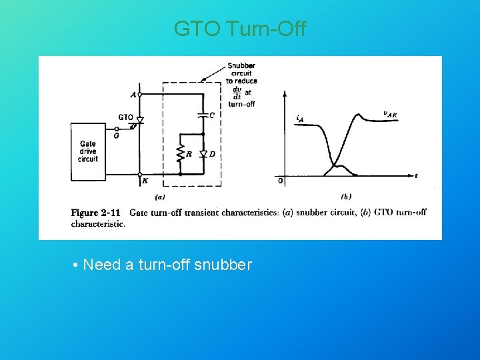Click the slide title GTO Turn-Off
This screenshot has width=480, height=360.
240,29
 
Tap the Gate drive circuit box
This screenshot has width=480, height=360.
88,151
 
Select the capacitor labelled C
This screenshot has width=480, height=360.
203,115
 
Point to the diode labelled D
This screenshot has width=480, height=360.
203,154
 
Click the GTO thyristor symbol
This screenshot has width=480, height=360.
140,119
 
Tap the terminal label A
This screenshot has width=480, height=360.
133,95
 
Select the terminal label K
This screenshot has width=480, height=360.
145,181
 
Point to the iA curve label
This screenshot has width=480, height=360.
300,118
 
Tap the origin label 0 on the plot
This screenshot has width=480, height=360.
280,180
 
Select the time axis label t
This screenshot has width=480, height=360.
416,176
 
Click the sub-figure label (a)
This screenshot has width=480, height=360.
160,197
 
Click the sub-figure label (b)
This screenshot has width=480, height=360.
346,197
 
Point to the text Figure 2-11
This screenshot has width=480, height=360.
95,213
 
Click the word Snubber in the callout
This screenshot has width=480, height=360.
241,65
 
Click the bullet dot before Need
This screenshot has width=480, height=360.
77,265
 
